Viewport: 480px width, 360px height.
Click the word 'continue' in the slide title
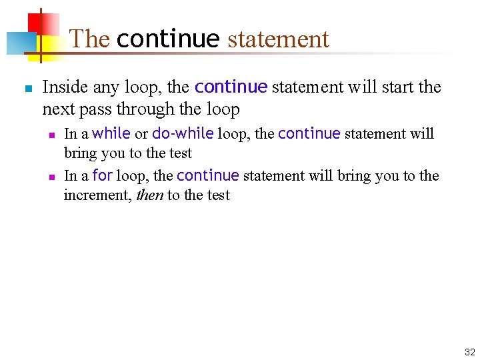[x=167, y=39]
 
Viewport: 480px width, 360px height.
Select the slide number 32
[x=469, y=352]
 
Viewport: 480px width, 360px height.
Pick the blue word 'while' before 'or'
[x=111, y=133]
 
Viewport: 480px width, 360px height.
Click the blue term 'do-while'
[x=183, y=133]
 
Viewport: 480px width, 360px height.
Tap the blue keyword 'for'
[x=102, y=175]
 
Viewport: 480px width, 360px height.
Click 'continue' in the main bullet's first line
[x=231, y=87]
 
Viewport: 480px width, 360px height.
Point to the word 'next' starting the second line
[x=56, y=108]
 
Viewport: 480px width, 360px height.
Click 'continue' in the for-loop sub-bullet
[x=207, y=175]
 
